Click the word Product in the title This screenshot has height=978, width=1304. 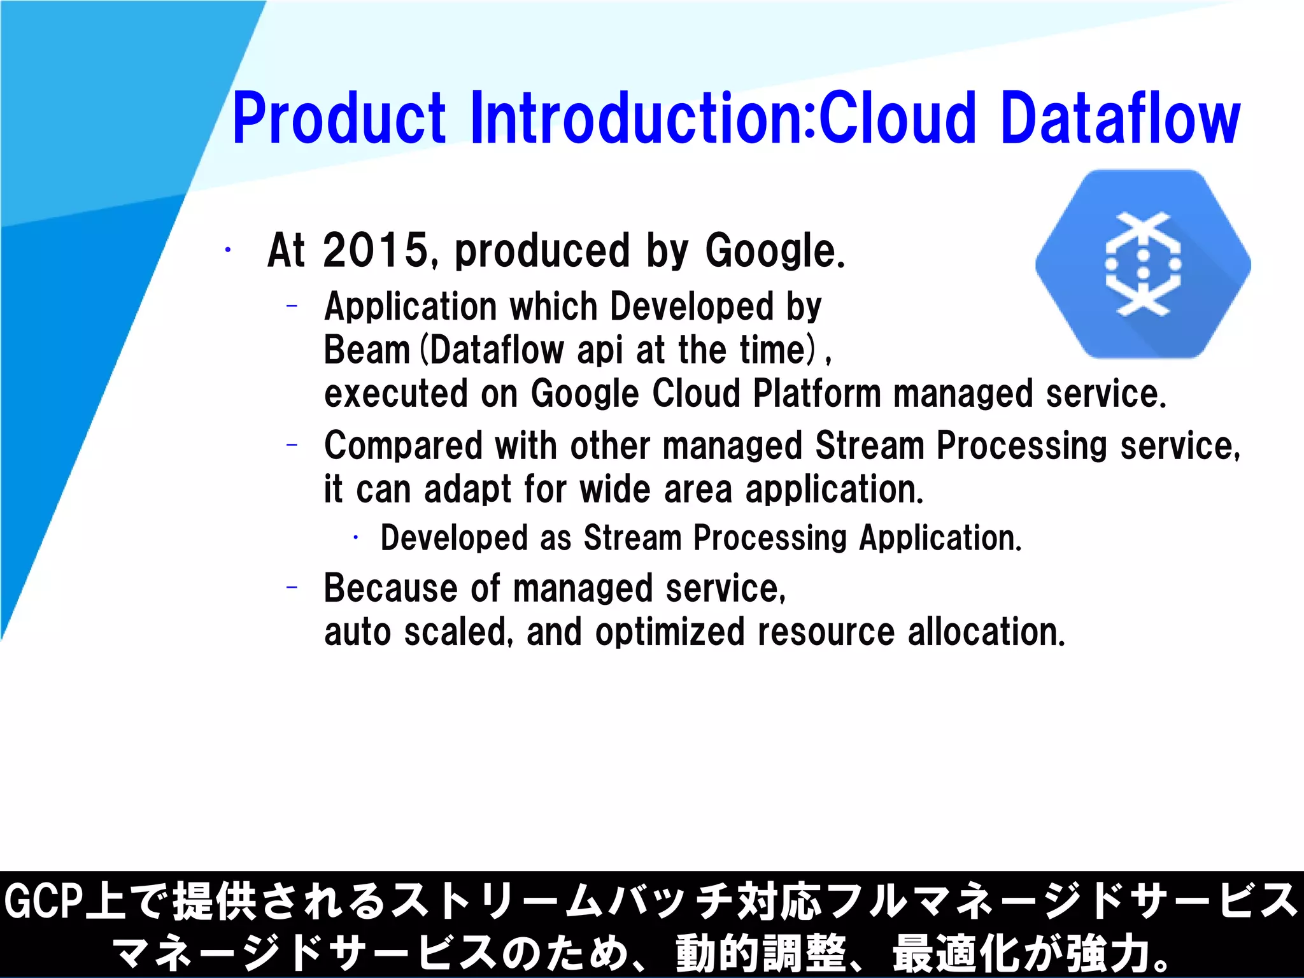tap(339, 118)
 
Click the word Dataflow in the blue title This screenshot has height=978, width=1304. tap(1121, 118)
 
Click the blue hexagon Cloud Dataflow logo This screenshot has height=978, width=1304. tap(1143, 264)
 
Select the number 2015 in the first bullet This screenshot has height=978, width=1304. tap(376, 250)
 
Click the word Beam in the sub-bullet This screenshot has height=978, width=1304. tap(367, 350)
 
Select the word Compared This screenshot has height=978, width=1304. tap(403, 446)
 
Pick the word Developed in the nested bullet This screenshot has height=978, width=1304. tap(454, 539)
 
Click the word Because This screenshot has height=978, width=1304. tap(389, 588)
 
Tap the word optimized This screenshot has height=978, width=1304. tap(670, 632)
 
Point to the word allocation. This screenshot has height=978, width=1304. tap(986, 632)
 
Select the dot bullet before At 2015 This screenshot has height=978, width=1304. tap(227, 250)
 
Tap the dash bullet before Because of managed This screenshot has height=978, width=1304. tap(292, 588)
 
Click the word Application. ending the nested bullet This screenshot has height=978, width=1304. tap(940, 539)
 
